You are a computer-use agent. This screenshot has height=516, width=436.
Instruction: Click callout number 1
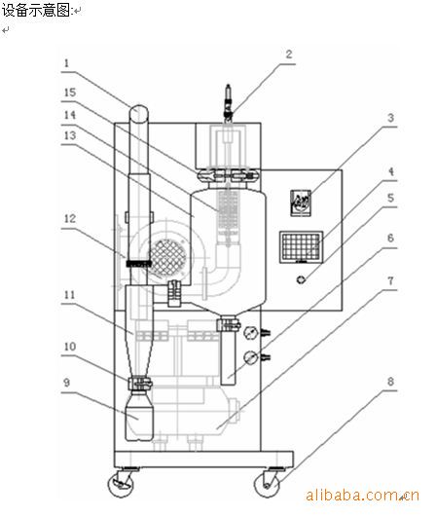(x=67, y=63)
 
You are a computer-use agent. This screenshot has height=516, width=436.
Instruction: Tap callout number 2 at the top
(x=289, y=54)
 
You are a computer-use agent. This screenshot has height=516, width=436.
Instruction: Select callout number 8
(x=390, y=382)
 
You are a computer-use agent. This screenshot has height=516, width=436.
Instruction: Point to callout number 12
(x=70, y=218)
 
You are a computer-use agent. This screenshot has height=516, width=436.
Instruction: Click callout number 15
(x=70, y=92)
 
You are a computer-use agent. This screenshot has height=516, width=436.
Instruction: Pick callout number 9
(x=67, y=383)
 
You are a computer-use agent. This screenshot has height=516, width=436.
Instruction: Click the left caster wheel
(x=121, y=483)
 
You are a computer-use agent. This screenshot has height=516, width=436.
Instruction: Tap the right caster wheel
(x=268, y=484)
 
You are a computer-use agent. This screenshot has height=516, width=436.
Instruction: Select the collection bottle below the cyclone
(x=139, y=415)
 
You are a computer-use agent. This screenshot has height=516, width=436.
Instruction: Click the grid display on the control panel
(x=301, y=247)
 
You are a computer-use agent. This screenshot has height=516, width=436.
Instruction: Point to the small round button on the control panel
(x=301, y=279)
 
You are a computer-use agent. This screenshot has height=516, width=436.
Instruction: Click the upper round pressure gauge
(x=251, y=332)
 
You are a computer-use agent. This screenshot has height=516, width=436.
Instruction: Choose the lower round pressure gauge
(x=251, y=357)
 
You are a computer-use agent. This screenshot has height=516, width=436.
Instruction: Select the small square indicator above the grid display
(x=301, y=203)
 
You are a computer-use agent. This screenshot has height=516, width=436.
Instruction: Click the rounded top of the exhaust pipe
(x=138, y=114)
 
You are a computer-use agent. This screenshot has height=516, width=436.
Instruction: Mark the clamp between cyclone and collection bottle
(x=140, y=383)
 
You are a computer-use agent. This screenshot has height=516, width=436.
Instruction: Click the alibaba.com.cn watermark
(x=363, y=495)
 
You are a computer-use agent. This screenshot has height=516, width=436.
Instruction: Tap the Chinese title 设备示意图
(x=37, y=11)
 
